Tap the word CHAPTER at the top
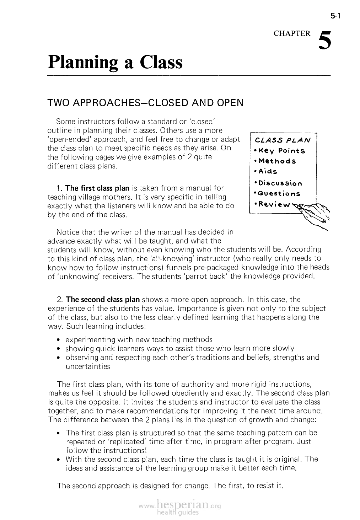coord(292,33)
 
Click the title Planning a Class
coord(115,62)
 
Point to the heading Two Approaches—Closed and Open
coord(145,103)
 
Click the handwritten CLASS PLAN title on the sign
coord(283,140)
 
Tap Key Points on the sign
coord(282,150)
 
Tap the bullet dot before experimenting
coord(58,340)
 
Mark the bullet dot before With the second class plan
coord(58,459)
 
